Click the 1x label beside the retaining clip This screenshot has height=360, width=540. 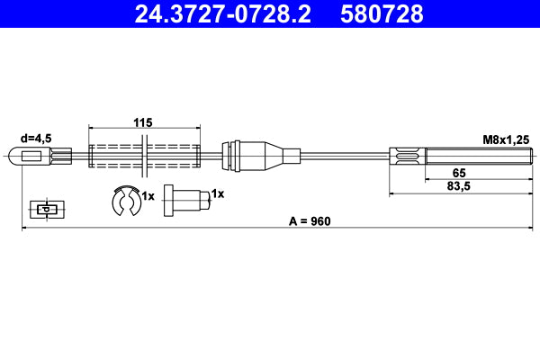tap(148, 195)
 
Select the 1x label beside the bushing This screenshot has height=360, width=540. tap(217, 193)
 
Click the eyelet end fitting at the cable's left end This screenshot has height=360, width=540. tap(31, 158)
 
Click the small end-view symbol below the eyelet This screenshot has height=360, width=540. tap(44, 209)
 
